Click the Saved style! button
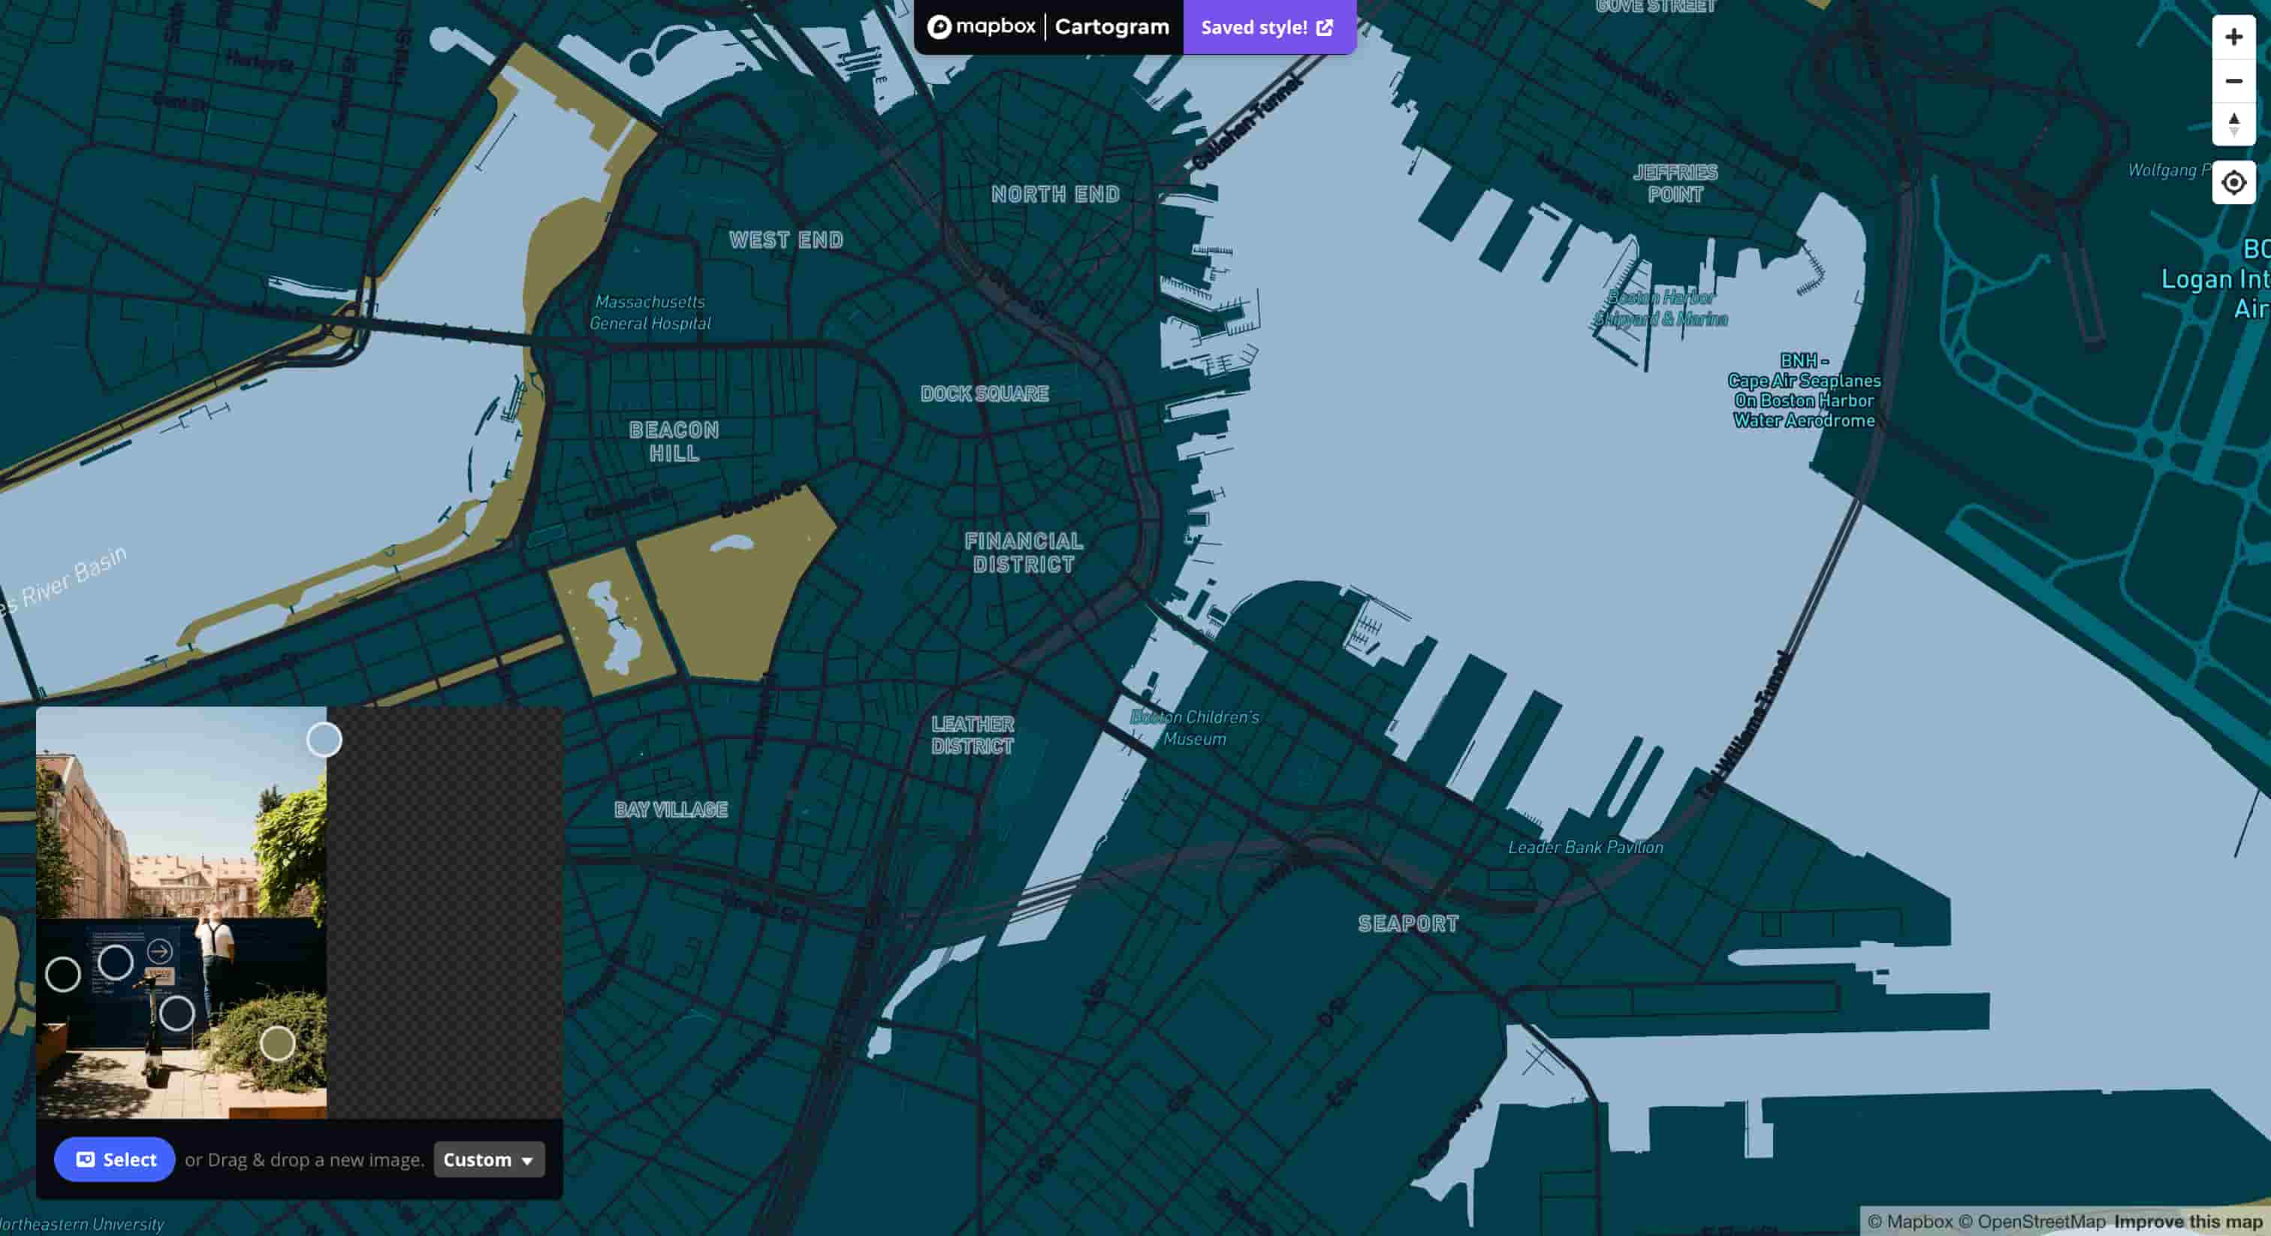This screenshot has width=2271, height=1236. [1268, 27]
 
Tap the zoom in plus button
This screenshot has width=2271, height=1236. [2233, 37]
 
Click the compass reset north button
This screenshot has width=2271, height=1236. [2233, 123]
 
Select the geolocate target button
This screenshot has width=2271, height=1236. [2233, 182]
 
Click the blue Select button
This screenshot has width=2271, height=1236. [115, 1159]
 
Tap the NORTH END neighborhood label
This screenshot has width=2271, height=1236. [1055, 194]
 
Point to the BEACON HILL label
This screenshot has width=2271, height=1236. [674, 442]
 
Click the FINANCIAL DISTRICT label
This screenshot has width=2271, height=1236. [1024, 553]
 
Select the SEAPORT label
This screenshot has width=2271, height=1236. [1408, 924]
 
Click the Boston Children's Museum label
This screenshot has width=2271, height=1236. [1195, 728]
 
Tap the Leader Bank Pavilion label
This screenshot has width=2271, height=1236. [1585, 847]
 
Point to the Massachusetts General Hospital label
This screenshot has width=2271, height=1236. [650, 313]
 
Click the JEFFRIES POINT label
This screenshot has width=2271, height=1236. [1675, 183]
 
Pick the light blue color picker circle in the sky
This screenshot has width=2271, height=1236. [324, 740]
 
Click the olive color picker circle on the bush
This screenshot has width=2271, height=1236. [278, 1044]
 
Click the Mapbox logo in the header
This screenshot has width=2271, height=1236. [982, 27]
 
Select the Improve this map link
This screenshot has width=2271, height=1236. [2188, 1221]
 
